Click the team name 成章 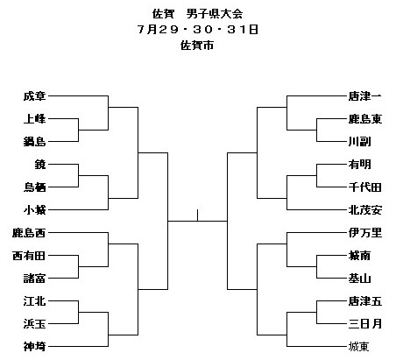[34, 96]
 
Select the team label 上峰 [34, 119]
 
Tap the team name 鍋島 [34, 142]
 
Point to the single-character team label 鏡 [40, 165]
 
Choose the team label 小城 [34, 210]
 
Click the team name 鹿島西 [29, 233]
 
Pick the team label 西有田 [29, 256]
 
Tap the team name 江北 [34, 301]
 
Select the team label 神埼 [34, 347]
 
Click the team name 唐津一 [365, 96]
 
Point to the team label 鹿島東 [365, 119]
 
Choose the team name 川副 [359, 142]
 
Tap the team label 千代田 [365, 187]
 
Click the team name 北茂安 [365, 210]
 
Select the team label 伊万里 [365, 233]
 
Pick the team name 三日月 [365, 324]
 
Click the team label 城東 [359, 347]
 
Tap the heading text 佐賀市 [197, 46]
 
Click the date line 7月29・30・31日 [198, 30]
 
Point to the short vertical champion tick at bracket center [198, 215]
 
